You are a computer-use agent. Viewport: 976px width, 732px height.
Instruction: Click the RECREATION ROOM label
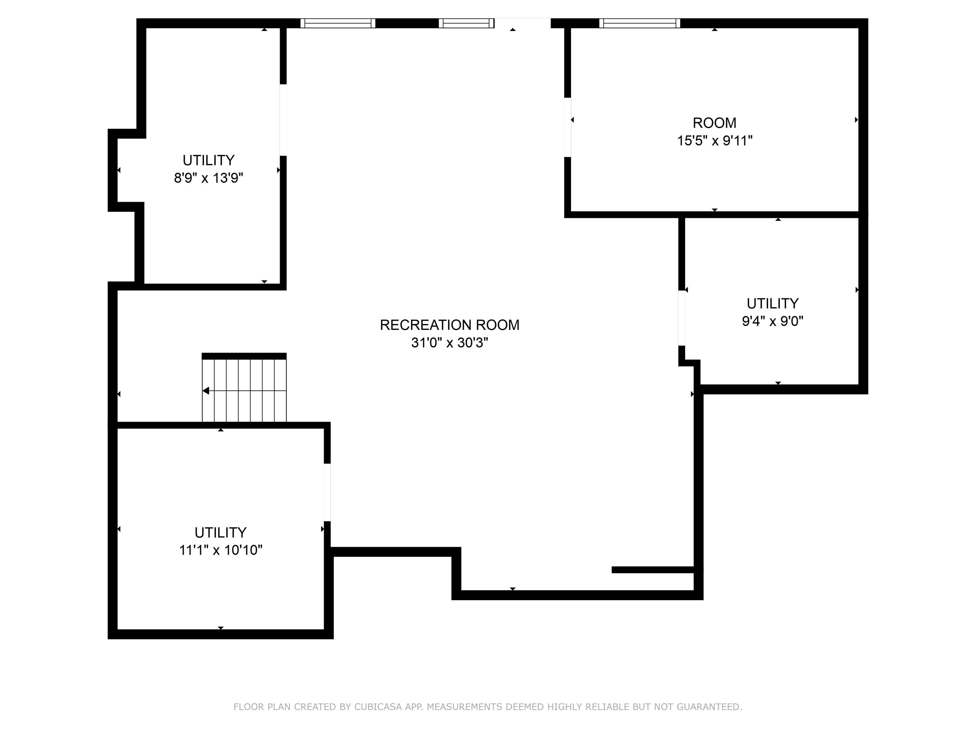449,325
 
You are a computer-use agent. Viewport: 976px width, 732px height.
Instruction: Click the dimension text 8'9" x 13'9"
208,178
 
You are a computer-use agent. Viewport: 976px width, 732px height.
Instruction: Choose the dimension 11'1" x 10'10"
220,550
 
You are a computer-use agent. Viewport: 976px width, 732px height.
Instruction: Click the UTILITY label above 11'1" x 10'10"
220,533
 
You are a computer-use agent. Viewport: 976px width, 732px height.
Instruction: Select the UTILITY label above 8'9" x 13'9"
208,160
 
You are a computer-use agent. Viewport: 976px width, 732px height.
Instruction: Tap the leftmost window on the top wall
338,23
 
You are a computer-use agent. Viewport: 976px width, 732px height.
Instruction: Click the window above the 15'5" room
639,23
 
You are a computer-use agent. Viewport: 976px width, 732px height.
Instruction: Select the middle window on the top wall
467,23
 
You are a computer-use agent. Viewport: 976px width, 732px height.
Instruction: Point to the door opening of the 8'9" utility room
283,120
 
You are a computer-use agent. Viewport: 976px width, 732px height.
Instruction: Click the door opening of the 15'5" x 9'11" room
568,127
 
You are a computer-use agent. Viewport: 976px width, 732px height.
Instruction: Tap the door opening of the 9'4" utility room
682,318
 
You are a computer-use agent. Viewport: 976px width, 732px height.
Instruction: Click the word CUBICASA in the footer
378,707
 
